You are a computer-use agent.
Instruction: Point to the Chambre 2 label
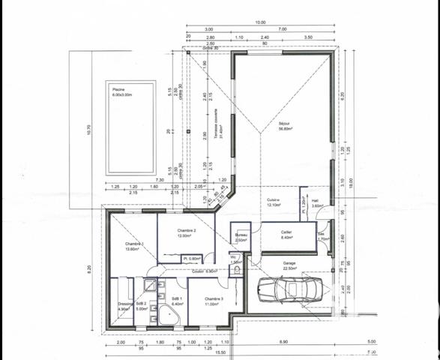(187, 232)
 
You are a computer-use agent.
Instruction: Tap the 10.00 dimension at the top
(259, 22)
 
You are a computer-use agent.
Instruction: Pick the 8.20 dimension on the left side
(88, 266)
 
